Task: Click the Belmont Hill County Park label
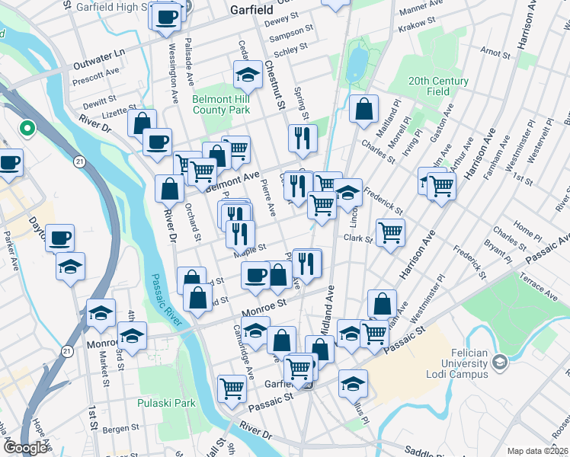pyautogui.click(x=221, y=104)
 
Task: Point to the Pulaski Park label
pyautogui.click(x=166, y=403)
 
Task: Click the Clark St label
pyautogui.click(x=357, y=238)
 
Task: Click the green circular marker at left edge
pyautogui.click(x=27, y=129)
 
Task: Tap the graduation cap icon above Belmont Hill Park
pyautogui.click(x=247, y=75)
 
